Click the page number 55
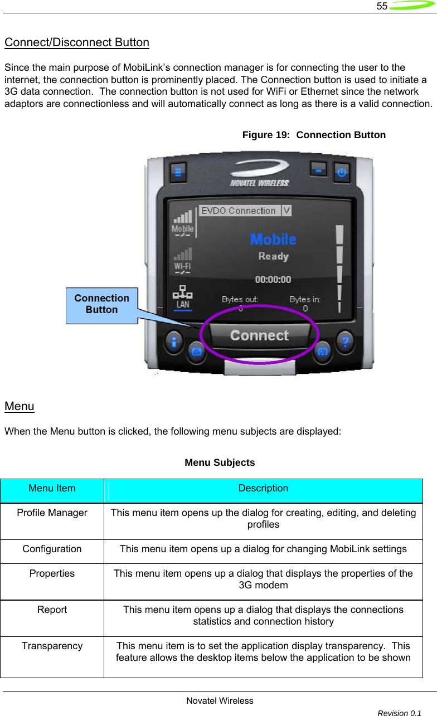pos(381,6)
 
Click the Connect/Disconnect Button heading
pos(76,42)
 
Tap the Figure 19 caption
pos(314,135)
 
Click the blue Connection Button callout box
pos(101,304)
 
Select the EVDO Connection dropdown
pos(245,211)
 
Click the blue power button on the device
pos(342,172)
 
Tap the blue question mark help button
pos(346,340)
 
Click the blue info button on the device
pos(174,340)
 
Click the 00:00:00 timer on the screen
pos(273,279)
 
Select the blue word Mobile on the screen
pos(273,239)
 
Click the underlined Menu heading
pos(19,406)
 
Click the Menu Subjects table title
pos(220,462)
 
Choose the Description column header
pos(263,489)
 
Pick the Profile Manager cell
pos(52,513)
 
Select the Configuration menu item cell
pos(52,549)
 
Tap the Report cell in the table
pos(52,610)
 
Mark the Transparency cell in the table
pos(52,646)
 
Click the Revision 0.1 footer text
pos(399,713)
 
